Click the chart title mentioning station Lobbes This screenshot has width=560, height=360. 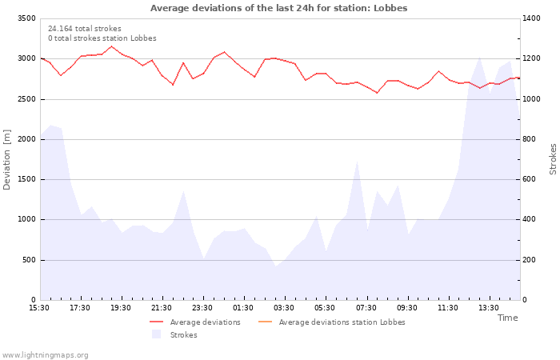coord(278,8)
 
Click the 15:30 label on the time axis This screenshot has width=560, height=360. coord(39,308)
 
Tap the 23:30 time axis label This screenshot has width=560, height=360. coord(202,308)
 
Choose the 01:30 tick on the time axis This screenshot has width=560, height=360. coord(243,308)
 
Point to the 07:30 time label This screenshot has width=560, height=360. coord(366,308)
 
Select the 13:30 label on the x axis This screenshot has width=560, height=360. coord(488,308)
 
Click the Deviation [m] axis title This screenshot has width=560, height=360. coord(7,159)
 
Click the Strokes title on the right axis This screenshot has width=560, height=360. coord(553,159)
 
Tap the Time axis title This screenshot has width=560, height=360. coord(507,318)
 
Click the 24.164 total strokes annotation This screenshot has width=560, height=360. coord(85,29)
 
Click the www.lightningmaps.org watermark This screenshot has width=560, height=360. coord(46,355)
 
